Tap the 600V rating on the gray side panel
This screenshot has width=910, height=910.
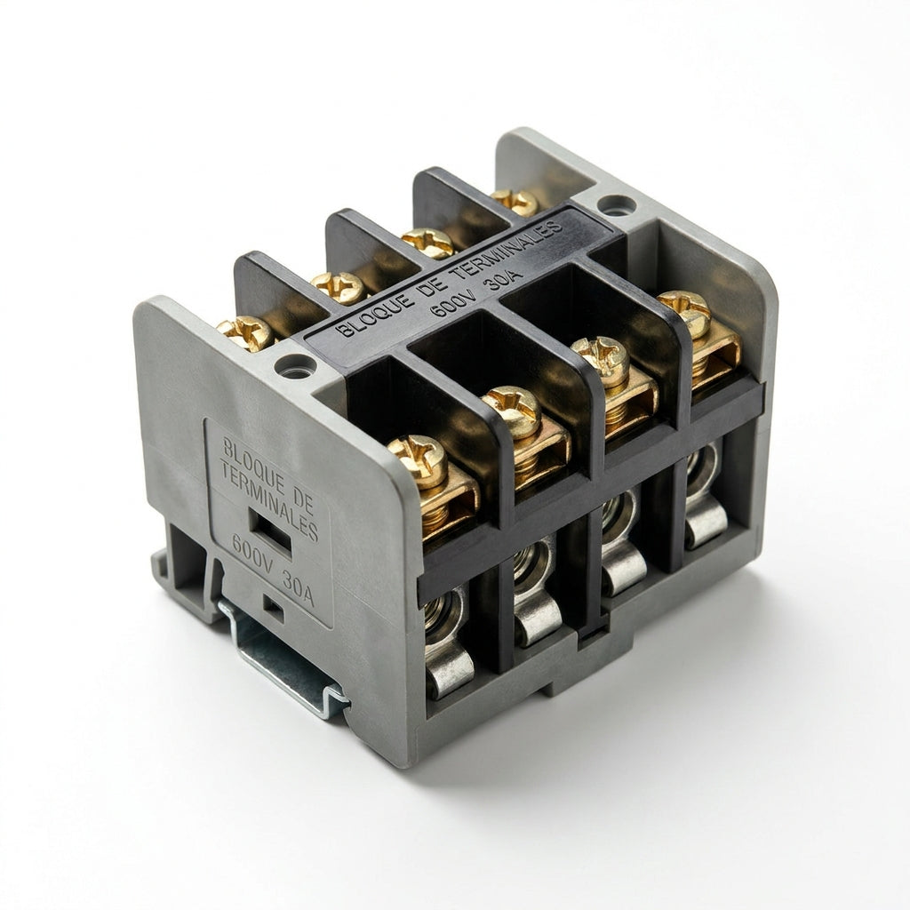251,551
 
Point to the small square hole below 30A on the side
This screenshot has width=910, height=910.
273,608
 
